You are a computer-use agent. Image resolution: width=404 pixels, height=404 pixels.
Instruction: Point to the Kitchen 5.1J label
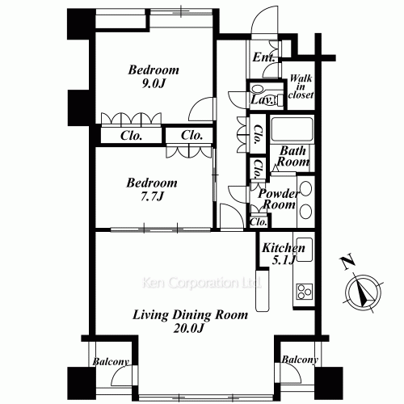pos(284,254)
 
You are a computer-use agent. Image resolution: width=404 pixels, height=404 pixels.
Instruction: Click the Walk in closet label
pos(301,86)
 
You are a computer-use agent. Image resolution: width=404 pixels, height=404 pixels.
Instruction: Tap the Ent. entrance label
pos(263,57)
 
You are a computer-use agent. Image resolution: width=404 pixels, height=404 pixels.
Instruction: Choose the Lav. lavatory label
pos(261,100)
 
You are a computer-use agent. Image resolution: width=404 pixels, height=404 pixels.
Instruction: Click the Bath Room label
pos(293,156)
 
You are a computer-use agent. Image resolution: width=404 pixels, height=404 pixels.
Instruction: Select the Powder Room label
pos(279,199)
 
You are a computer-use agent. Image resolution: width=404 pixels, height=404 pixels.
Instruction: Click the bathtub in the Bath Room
pos(292,129)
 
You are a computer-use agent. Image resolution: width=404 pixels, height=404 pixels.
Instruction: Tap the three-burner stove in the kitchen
pos(305,292)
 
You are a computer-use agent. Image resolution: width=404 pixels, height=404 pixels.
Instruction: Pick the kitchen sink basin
pos(305,250)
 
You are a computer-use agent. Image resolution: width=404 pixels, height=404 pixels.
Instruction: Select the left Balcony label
pos(111,362)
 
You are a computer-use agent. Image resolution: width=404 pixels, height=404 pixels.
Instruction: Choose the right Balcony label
pos(300,360)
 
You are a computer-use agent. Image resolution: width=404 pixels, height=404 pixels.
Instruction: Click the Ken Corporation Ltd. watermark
pos(201,283)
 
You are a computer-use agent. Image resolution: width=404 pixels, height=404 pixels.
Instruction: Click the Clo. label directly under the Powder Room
pos(259,222)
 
